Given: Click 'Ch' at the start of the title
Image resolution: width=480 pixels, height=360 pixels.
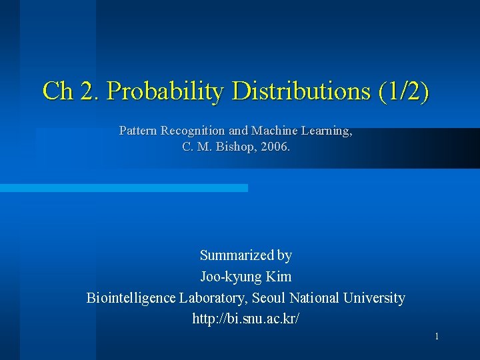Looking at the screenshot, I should pos(58,91).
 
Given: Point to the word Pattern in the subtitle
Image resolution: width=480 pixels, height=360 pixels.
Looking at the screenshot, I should pos(138,131).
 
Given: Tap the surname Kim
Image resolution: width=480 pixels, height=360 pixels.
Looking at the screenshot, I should pos(278,277).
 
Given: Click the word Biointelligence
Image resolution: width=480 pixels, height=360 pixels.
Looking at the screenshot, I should pos(131,298).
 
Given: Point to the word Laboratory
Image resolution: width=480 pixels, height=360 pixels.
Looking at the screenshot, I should pos(210,298).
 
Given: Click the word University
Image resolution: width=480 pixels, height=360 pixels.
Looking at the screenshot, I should pos(374,298).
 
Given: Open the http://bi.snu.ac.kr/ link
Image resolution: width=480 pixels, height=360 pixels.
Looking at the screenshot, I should pos(246,319).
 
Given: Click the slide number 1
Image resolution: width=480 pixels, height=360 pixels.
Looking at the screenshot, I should pos(437,337).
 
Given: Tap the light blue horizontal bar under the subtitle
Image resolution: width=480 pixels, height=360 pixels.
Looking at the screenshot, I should pos(123,188).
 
